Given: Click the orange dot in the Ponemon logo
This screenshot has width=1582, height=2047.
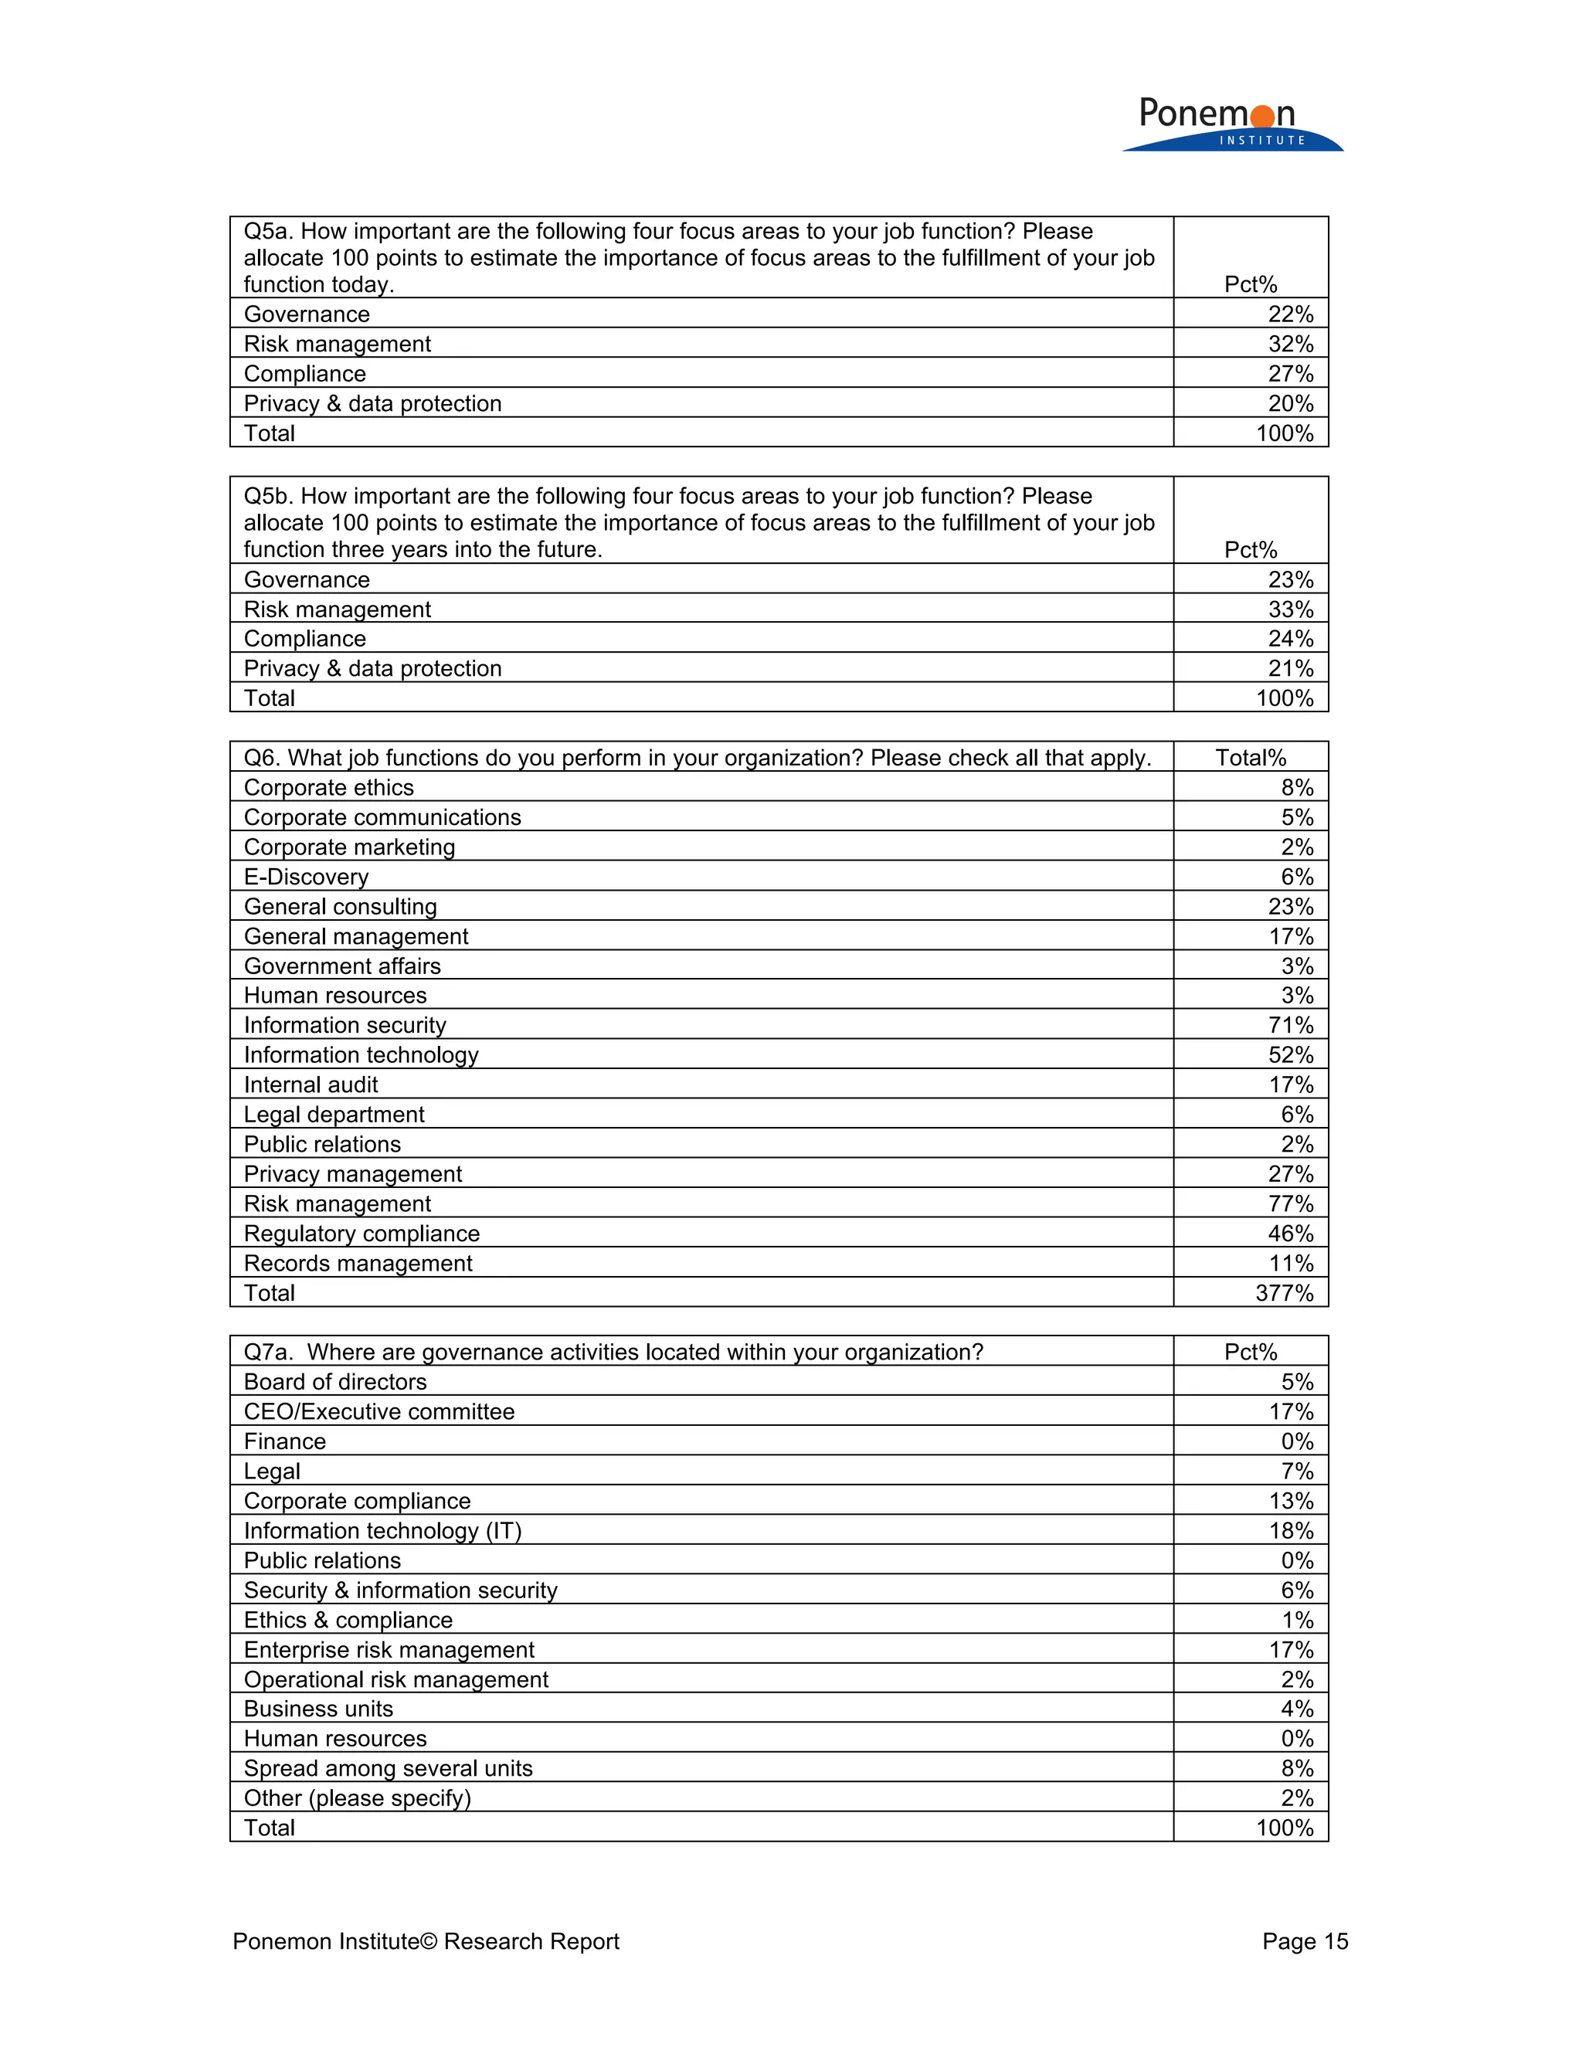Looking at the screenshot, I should [x=1262, y=116].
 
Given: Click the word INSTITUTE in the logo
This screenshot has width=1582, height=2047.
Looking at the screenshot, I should [x=1261, y=141].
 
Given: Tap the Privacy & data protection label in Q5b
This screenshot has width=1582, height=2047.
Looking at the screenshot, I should [x=372, y=668].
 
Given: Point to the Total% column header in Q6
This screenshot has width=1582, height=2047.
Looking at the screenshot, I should [x=1251, y=757].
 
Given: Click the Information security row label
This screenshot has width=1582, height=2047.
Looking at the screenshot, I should [x=345, y=1024].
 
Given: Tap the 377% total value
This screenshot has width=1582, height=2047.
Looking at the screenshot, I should [x=1284, y=1292].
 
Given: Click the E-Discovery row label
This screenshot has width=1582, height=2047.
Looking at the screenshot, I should [x=306, y=877].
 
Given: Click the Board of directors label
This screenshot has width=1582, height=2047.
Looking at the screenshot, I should [x=334, y=1382].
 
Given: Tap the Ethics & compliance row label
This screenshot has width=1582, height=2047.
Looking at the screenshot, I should [x=348, y=1620].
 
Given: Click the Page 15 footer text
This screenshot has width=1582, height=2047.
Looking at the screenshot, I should [x=1304, y=1941].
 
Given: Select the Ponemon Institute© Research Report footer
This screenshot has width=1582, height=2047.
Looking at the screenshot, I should [x=426, y=1941].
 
